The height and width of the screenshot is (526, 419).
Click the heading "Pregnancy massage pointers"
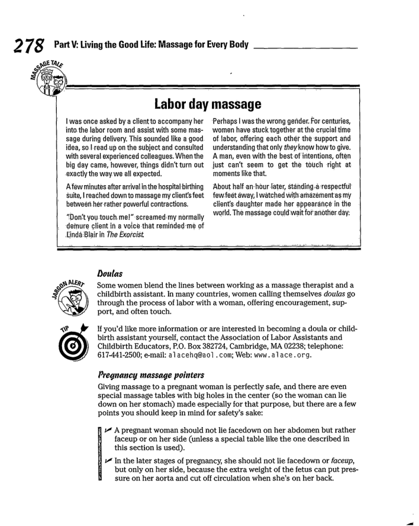click(x=150, y=391)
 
